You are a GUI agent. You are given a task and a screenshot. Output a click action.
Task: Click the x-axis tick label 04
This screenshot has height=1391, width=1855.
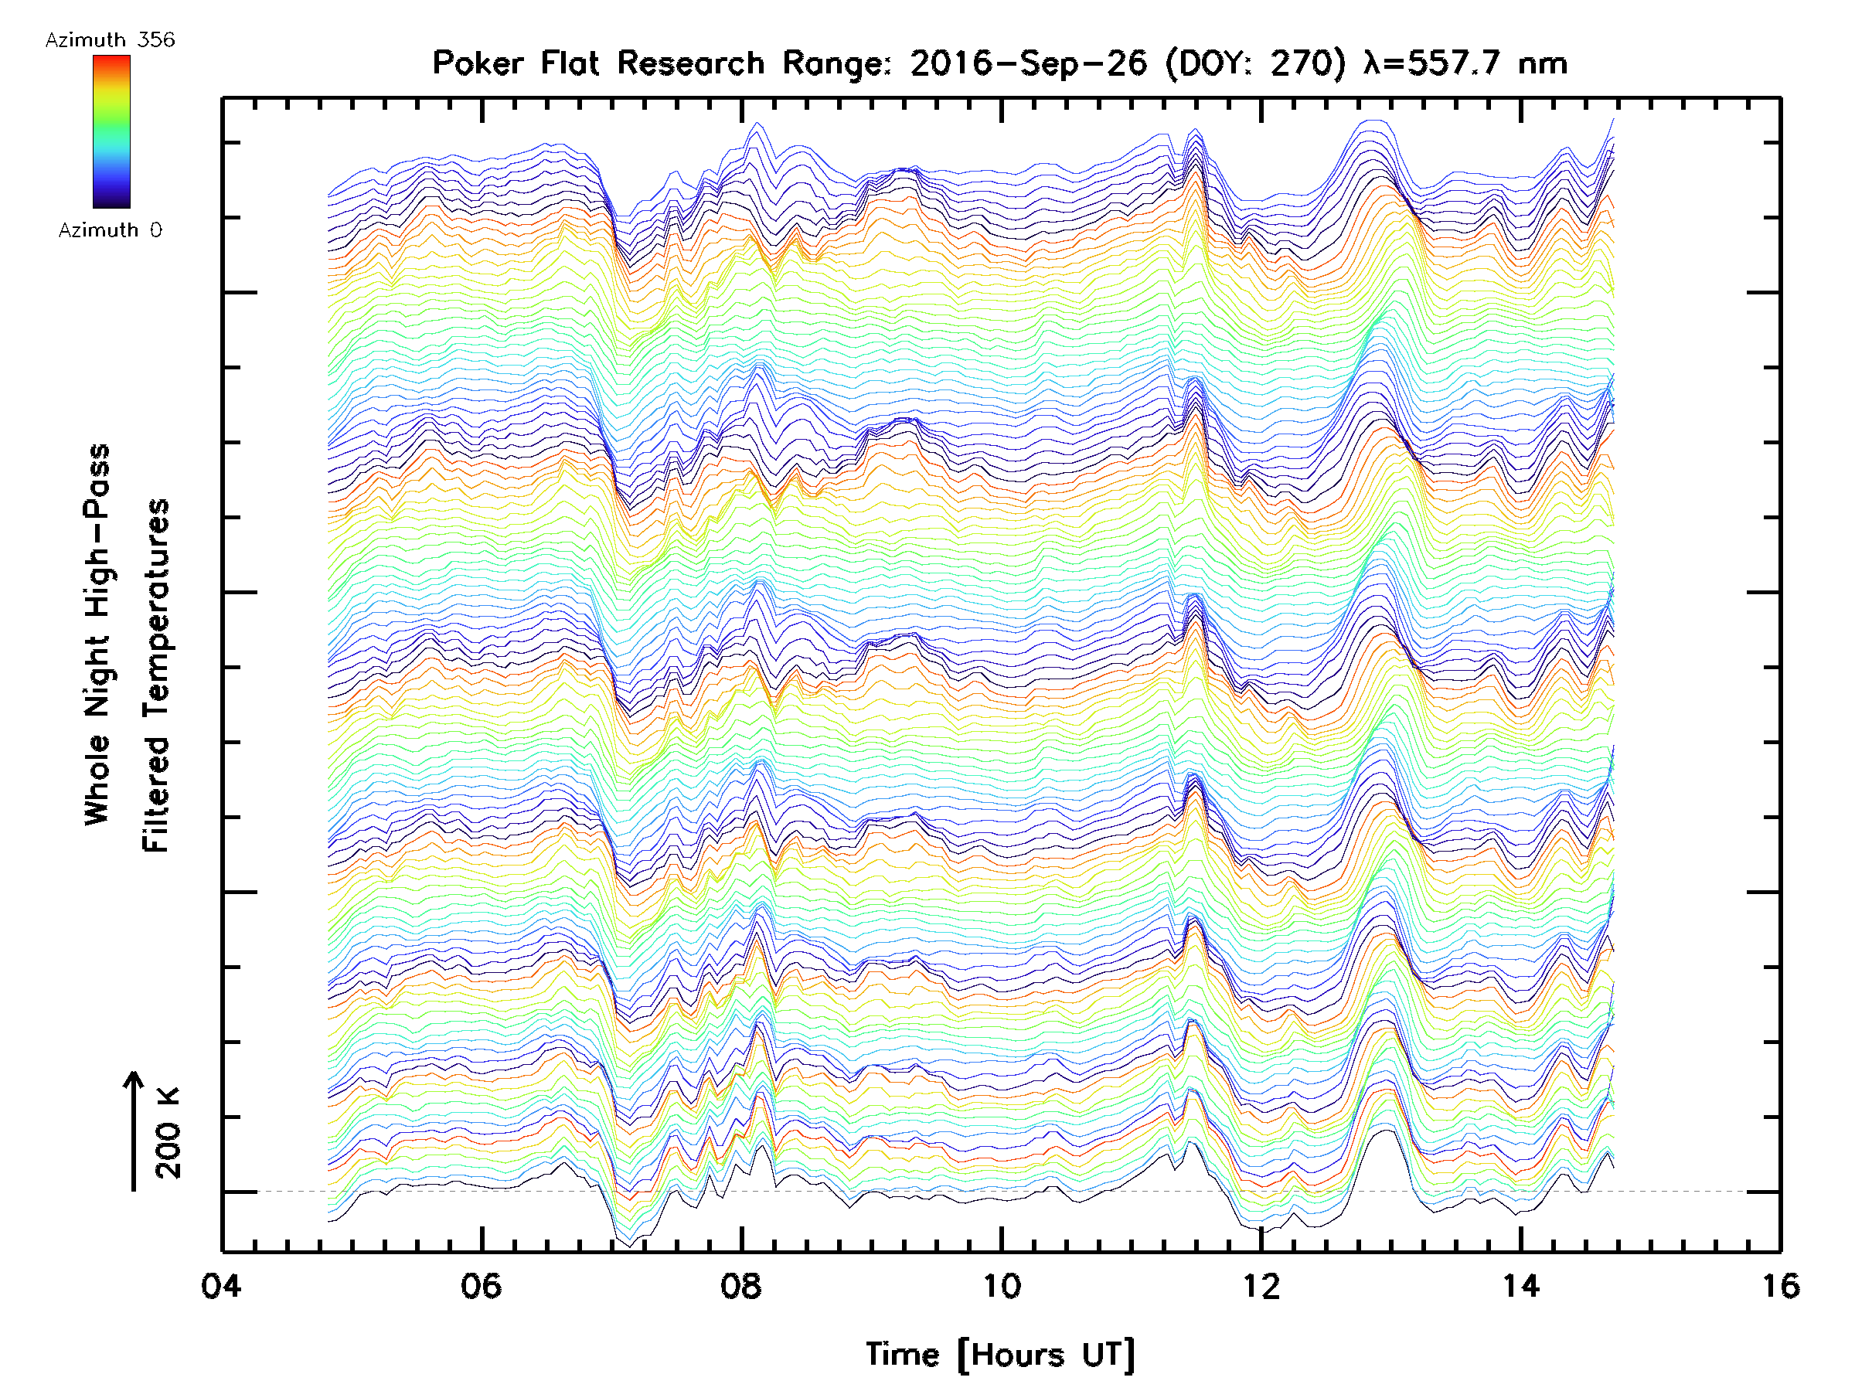tap(221, 1285)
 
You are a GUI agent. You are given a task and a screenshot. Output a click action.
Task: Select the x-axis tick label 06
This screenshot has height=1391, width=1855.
tap(482, 1285)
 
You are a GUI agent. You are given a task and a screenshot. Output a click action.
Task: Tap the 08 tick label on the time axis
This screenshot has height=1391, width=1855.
tap(741, 1285)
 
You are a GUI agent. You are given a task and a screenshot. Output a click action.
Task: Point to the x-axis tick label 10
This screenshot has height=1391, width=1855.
tap(1001, 1285)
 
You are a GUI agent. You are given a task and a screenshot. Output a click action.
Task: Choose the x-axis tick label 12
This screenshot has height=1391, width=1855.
tap(1261, 1285)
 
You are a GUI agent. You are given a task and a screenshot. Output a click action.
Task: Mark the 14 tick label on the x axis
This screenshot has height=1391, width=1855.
tap(1520, 1285)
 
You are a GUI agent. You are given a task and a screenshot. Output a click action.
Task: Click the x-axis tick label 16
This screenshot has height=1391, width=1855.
tap(1779, 1285)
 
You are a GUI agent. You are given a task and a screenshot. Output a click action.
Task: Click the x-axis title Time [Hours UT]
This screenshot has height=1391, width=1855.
tap(1000, 1354)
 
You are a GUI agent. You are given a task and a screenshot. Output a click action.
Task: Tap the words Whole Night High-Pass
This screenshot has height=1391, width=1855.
tap(97, 634)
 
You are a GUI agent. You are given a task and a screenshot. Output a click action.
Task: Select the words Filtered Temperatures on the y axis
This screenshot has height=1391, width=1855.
tap(156, 676)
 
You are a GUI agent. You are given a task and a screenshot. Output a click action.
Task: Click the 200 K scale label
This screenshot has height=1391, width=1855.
tap(168, 1133)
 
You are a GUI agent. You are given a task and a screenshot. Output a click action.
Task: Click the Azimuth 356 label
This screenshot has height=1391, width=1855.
tap(110, 40)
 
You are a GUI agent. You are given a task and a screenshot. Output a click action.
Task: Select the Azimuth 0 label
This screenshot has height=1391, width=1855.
tap(110, 230)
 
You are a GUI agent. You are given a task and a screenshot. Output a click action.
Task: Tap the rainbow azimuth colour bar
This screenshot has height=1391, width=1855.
tap(111, 131)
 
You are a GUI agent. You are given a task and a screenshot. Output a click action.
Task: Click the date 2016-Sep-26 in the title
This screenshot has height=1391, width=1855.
tap(1028, 63)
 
